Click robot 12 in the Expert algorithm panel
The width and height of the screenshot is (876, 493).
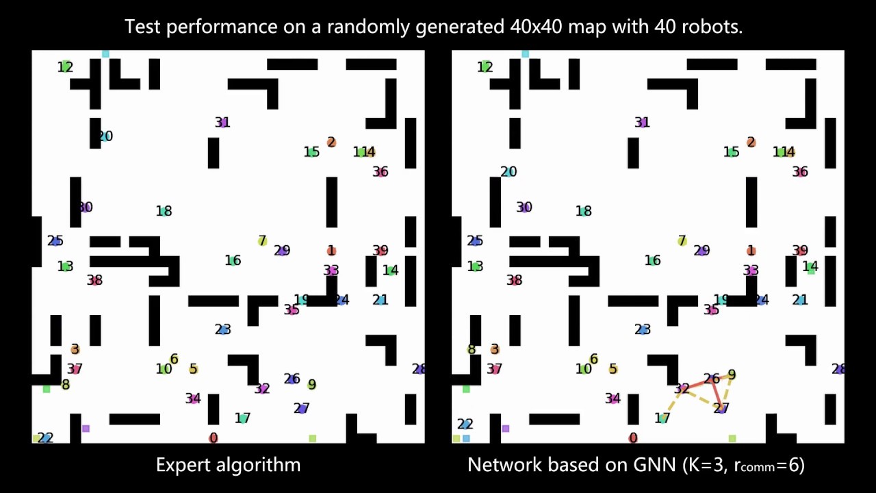click(x=65, y=66)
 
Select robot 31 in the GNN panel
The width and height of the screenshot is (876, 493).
click(x=641, y=123)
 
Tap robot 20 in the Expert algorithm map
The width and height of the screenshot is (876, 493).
click(x=105, y=136)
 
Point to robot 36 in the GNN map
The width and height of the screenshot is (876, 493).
click(x=800, y=172)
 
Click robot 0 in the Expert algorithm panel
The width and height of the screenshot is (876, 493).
click(x=214, y=438)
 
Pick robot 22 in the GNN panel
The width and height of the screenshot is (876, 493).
click(x=465, y=425)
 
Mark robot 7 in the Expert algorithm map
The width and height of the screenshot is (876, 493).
click(x=262, y=241)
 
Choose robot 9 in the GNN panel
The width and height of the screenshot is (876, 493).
click(x=732, y=375)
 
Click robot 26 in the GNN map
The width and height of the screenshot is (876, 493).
click(x=712, y=379)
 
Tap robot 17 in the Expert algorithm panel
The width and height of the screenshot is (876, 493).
click(x=242, y=418)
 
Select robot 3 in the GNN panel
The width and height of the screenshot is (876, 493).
click(x=494, y=349)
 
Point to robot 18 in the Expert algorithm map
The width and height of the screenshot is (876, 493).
click(x=164, y=211)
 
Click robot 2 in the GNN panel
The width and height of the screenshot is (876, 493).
click(x=751, y=142)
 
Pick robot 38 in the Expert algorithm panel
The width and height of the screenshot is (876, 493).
click(x=94, y=280)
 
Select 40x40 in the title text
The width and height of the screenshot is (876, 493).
click(x=532, y=27)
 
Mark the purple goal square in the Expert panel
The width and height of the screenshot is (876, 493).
click(x=86, y=429)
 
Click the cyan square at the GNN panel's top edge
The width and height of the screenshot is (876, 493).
click(x=525, y=53)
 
